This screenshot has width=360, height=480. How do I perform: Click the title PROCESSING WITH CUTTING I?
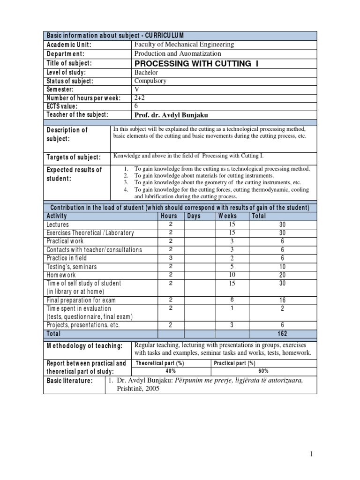click(196, 63)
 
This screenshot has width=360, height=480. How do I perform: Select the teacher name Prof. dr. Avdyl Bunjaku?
click(172, 114)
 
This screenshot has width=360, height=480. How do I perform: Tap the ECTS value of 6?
click(136, 106)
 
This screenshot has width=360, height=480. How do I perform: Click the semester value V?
click(137, 89)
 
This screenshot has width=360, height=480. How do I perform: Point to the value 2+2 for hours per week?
click(140, 97)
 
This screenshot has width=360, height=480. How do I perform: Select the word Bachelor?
click(146, 72)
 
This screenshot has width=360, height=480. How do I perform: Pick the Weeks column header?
click(227, 216)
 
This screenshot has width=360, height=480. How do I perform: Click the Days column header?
click(194, 216)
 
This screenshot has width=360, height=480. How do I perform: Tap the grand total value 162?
click(282, 334)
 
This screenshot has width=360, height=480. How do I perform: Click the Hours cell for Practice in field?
click(171, 258)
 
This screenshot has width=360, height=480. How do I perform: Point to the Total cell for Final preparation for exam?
click(282, 300)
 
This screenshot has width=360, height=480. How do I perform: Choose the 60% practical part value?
click(263, 371)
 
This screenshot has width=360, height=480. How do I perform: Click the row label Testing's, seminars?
click(72, 267)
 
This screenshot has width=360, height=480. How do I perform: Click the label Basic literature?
click(69, 381)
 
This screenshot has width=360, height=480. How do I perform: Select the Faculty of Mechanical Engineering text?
click(184, 45)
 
